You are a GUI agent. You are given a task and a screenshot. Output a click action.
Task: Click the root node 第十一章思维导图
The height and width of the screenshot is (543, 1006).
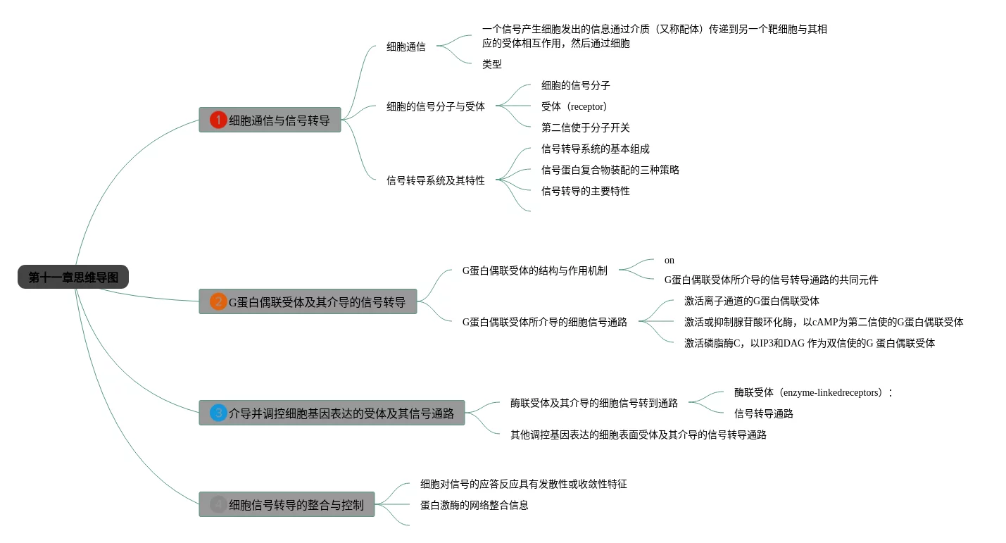click(x=73, y=277)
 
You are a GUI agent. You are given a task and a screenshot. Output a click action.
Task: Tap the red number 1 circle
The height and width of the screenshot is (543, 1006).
click(x=218, y=120)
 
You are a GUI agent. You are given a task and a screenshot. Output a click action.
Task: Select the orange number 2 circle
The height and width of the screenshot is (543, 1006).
click(x=218, y=301)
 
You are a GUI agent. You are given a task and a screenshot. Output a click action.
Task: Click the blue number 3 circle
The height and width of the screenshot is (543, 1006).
click(x=218, y=413)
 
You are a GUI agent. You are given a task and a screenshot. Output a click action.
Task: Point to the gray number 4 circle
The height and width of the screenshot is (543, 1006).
click(x=218, y=504)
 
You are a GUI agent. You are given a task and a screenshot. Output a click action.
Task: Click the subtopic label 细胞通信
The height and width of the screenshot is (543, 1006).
click(x=405, y=47)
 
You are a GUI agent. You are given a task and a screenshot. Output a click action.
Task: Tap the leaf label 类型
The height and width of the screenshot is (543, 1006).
click(x=491, y=64)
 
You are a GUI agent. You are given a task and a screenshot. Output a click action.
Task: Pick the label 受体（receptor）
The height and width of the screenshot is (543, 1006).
click(x=574, y=106)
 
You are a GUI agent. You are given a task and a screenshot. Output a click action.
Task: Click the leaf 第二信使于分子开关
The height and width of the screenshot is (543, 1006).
click(x=585, y=127)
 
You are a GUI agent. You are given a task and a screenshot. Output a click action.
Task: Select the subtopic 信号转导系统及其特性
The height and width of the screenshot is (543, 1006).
click(x=435, y=180)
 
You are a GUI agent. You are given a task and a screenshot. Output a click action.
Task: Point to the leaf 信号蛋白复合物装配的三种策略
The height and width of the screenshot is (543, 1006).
click(x=610, y=170)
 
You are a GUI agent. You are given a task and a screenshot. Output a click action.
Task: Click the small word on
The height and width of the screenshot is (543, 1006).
click(x=669, y=261)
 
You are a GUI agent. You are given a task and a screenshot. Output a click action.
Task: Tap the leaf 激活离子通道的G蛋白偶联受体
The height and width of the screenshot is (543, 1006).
click(x=751, y=301)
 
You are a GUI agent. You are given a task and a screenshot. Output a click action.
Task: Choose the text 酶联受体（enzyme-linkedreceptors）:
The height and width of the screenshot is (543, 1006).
click(x=812, y=392)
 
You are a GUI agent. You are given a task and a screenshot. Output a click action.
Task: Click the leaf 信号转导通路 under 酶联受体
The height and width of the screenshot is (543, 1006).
click(x=763, y=413)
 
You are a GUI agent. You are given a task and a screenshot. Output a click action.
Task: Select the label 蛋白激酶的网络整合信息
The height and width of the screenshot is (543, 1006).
click(x=474, y=505)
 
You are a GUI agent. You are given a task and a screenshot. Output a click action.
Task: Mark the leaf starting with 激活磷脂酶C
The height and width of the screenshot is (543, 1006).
click(x=809, y=343)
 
